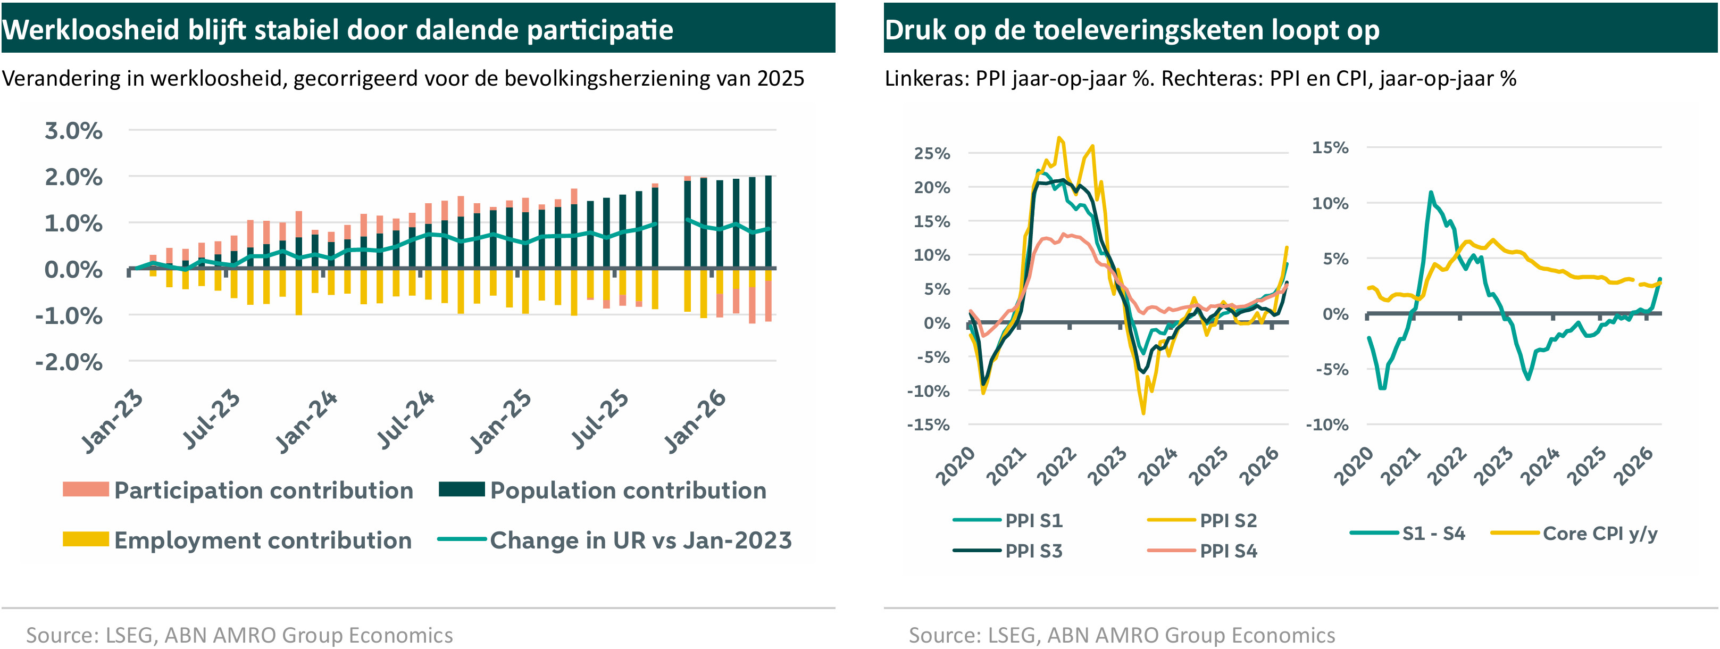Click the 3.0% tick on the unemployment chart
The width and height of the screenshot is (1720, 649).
pyautogui.click(x=73, y=131)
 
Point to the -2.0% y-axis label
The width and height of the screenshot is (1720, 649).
pyautogui.click(x=69, y=363)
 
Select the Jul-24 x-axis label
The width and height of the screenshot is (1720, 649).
pyautogui.click(x=406, y=419)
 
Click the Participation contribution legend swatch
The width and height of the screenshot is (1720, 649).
pyautogui.click(x=86, y=489)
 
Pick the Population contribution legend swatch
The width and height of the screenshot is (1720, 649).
pyautogui.click(x=462, y=489)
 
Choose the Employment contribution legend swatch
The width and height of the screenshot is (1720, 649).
pyautogui.click(x=86, y=539)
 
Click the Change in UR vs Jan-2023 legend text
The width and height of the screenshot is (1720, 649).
pyautogui.click(x=641, y=540)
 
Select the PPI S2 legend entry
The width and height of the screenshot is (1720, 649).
pyautogui.click(x=1202, y=520)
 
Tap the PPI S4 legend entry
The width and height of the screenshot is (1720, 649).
pyautogui.click(x=1202, y=551)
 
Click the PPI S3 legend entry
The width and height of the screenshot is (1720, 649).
pyautogui.click(x=1007, y=551)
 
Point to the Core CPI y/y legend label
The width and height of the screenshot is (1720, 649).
pyautogui.click(x=1600, y=534)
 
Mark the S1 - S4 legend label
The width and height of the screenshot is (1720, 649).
pyautogui.click(x=1433, y=534)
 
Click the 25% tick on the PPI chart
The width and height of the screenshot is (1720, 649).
pyautogui.click(x=932, y=154)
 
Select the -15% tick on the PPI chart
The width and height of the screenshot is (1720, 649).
pyautogui.click(x=928, y=425)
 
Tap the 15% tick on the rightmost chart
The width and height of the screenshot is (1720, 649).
pyautogui.click(x=1330, y=147)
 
